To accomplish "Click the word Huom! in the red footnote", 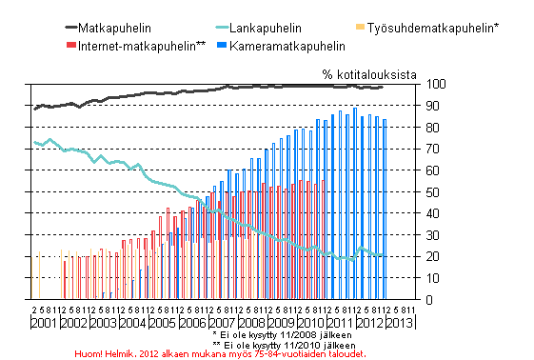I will click(89, 352).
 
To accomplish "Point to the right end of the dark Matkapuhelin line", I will click(383, 87).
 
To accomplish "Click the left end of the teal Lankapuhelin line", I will click(34, 142).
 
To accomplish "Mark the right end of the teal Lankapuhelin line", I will click(384, 255).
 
